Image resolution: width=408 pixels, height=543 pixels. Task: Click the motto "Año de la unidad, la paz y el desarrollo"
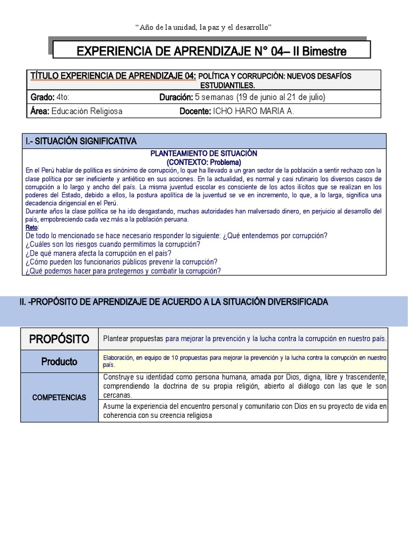(x=204, y=27)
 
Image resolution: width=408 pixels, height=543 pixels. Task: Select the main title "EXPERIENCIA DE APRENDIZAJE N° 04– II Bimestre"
(x=211, y=51)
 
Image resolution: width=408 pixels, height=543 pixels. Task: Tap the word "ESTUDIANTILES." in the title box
(x=228, y=85)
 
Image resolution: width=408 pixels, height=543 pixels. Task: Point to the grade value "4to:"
(x=63, y=97)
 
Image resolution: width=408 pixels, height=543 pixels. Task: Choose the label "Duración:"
(x=176, y=97)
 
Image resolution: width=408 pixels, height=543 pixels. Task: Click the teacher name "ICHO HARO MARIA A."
(x=253, y=111)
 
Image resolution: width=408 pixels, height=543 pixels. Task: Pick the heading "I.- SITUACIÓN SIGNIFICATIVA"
(x=81, y=141)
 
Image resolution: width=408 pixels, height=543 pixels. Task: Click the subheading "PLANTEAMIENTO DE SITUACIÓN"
(x=204, y=153)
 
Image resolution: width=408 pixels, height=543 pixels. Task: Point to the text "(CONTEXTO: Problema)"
(x=204, y=162)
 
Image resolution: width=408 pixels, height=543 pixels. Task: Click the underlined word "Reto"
(x=32, y=227)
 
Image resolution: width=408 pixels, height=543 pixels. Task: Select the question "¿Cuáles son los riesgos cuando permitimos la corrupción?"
(x=113, y=244)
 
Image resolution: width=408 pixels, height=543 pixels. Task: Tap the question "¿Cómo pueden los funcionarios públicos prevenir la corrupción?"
(x=121, y=262)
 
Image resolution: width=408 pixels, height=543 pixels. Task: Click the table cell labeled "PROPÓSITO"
(x=59, y=339)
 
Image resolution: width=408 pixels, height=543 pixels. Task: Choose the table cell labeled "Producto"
(x=59, y=362)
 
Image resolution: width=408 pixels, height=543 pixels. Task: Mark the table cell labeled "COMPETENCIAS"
(x=59, y=397)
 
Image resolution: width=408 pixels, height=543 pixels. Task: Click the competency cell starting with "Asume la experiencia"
(x=243, y=411)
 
